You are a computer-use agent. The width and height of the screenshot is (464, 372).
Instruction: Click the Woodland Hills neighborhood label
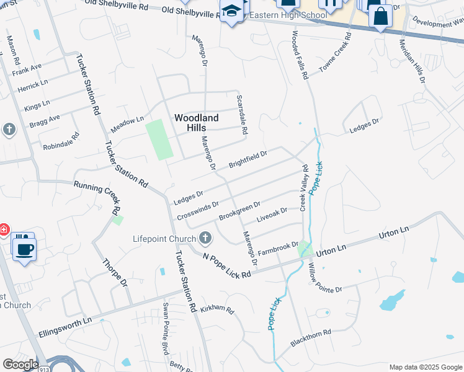point(196,122)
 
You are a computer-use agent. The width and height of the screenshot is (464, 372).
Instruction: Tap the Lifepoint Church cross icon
point(205,238)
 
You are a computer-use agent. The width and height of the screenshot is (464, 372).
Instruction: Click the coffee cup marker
point(24,250)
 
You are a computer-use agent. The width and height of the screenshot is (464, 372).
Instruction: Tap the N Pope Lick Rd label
point(227,265)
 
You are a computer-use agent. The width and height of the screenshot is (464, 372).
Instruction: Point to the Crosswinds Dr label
point(198,210)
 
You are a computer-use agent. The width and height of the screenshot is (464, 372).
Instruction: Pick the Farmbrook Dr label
point(279,248)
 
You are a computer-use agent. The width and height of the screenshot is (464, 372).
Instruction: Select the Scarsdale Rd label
point(243,115)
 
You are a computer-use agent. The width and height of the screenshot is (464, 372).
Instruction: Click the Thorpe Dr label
point(114,273)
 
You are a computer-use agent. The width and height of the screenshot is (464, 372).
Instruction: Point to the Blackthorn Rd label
point(311,338)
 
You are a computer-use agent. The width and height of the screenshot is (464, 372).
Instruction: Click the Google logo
point(20,365)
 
